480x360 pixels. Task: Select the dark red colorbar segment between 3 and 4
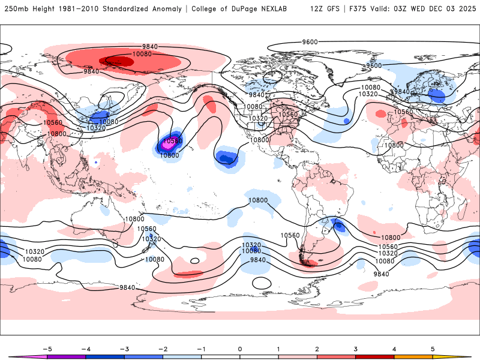(374, 357)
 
